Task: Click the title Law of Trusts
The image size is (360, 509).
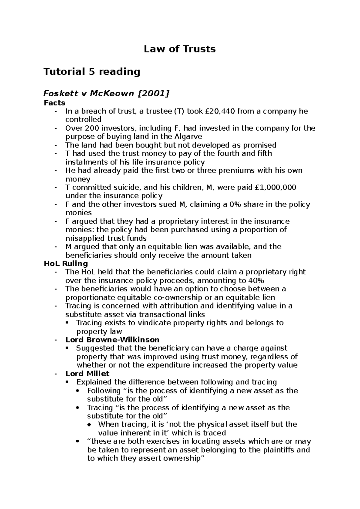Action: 180,49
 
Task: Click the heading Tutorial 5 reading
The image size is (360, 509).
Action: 92,72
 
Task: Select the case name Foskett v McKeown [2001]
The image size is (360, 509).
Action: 106,94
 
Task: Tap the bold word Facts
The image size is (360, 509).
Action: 54,103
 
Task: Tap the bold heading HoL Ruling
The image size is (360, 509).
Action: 66,264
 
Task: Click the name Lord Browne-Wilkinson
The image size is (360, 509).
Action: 112,340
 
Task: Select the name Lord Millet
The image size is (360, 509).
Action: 87,374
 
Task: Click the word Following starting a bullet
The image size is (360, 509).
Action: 103,391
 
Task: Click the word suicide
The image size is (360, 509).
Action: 126,188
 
